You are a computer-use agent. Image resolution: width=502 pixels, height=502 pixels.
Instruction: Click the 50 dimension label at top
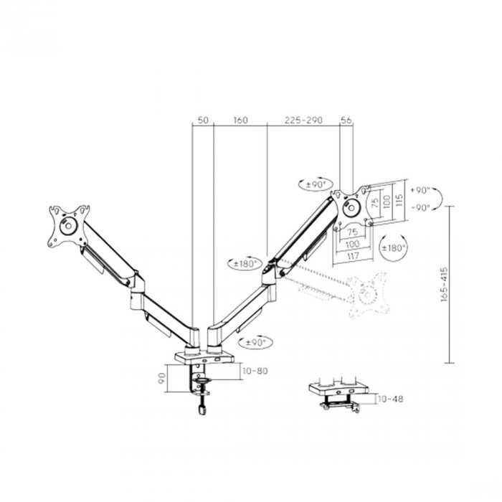point(203,120)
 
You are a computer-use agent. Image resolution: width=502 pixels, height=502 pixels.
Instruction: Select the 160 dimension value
point(240,120)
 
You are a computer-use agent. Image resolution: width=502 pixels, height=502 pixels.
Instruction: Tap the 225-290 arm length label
point(303,120)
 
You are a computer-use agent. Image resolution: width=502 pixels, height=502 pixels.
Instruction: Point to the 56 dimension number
point(346,120)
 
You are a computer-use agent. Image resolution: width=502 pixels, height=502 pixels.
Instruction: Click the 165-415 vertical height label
point(444,285)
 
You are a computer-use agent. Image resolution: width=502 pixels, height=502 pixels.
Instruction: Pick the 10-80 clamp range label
point(255,371)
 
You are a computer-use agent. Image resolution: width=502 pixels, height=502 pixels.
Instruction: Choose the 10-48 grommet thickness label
point(390,399)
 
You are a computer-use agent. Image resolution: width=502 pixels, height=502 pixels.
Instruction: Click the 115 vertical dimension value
point(399,201)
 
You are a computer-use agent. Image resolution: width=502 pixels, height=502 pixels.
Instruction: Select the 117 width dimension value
point(353,256)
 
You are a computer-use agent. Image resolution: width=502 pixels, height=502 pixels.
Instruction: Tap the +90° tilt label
point(420,190)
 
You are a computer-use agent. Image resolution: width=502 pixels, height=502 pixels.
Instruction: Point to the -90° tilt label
point(420,208)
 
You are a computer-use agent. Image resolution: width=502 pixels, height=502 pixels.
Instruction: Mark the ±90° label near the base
point(256,343)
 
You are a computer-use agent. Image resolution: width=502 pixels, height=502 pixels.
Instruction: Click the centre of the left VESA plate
point(68,226)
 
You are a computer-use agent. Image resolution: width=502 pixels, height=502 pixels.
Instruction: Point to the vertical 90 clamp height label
point(162,378)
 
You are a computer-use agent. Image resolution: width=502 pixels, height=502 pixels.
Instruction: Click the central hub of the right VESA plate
point(351,208)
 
